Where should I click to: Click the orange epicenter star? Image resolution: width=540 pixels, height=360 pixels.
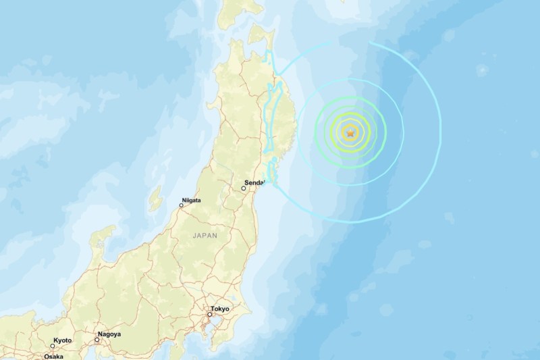coord(350,133)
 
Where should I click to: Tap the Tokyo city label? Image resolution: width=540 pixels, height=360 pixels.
coord(219,309)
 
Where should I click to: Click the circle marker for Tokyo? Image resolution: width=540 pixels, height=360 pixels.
coord(210,315)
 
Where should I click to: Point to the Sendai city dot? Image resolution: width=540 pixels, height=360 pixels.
coord(245,190)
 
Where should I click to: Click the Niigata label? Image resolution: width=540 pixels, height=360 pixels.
coord(190,200)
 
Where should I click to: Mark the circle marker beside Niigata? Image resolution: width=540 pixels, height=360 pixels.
coord(181,205)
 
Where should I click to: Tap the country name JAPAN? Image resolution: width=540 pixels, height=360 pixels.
coord(205,236)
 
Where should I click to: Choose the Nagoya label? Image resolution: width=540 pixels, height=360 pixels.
coord(110,334)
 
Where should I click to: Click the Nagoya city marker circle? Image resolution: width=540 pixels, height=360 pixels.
coord(97,340)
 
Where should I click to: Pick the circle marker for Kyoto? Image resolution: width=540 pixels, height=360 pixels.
coord(53,346)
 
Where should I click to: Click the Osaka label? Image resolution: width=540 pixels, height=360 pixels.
coord(55,356)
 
